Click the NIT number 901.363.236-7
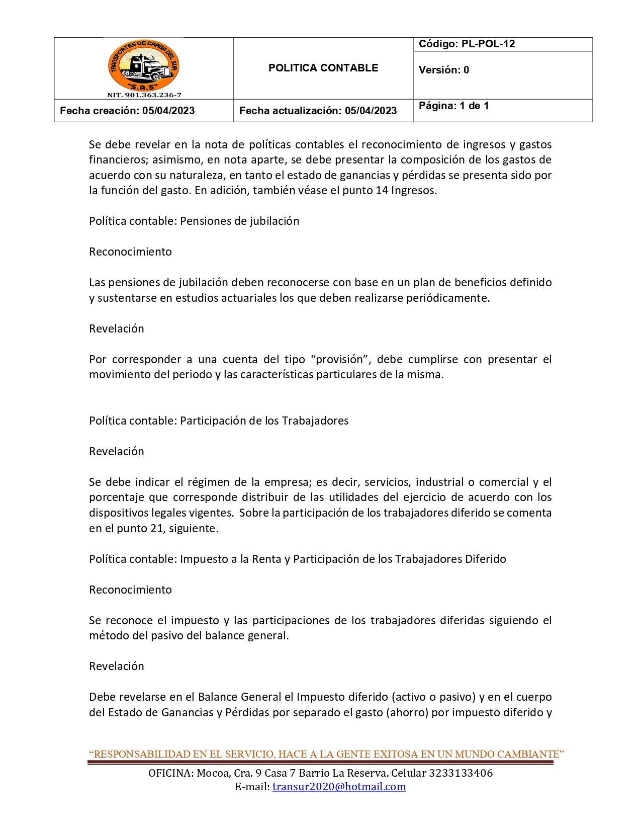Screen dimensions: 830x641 click(x=144, y=95)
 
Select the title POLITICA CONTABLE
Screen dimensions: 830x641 click(x=323, y=68)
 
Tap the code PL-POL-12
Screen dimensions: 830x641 click(x=488, y=44)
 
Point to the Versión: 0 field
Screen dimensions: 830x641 click(x=443, y=70)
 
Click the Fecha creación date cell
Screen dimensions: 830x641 click(x=127, y=111)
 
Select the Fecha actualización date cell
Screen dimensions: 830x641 click(x=318, y=111)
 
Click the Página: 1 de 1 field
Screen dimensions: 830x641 click(x=453, y=106)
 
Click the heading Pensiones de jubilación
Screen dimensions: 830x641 click(x=239, y=221)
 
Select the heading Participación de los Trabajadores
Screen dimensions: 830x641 click(x=264, y=421)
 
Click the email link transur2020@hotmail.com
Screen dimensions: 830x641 click(x=339, y=787)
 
